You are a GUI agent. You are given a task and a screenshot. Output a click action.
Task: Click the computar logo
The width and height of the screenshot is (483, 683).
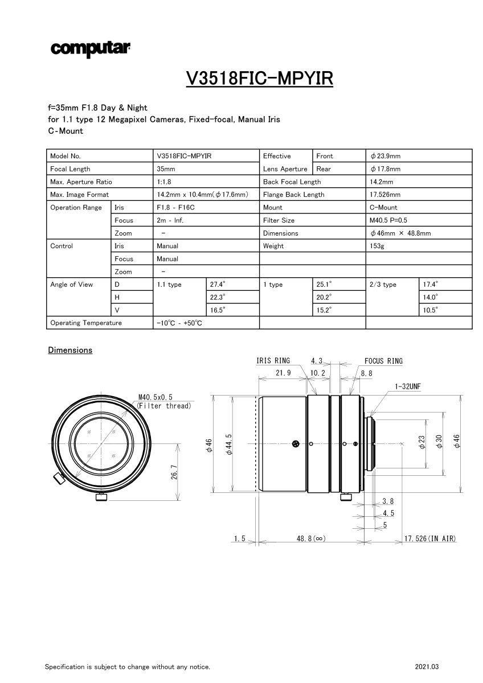[91, 50]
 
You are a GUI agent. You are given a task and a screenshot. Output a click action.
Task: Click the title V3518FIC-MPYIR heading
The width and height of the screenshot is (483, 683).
[259, 78]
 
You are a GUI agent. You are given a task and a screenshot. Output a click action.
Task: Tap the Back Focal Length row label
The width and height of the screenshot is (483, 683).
[292, 182]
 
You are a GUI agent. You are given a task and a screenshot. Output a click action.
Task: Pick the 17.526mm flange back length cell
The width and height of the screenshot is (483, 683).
[385, 195]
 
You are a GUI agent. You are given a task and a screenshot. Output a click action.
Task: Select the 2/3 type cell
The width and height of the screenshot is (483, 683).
[383, 284]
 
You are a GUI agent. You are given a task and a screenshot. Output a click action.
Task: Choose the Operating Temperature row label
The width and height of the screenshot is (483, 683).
[86, 323]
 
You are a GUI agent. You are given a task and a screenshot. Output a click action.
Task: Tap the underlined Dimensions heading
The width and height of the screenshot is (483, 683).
[70, 350]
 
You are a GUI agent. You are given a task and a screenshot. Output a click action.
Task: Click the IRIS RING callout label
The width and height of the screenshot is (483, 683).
[273, 361]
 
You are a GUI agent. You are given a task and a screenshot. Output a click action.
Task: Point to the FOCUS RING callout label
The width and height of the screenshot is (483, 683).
[383, 361]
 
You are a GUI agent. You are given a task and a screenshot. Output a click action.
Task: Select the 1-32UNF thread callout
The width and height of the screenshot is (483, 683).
[407, 386]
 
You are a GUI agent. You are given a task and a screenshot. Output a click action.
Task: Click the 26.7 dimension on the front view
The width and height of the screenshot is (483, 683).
[174, 472]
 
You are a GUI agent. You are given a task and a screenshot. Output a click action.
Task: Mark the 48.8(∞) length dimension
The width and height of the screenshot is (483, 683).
[311, 538]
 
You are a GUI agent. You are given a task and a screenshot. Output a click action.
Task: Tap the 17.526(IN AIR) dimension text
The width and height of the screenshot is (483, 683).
[430, 538]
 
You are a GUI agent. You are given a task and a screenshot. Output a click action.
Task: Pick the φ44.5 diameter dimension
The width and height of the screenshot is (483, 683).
[229, 444]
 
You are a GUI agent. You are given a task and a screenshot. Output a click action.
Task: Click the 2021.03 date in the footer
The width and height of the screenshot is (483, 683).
[427, 666]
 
